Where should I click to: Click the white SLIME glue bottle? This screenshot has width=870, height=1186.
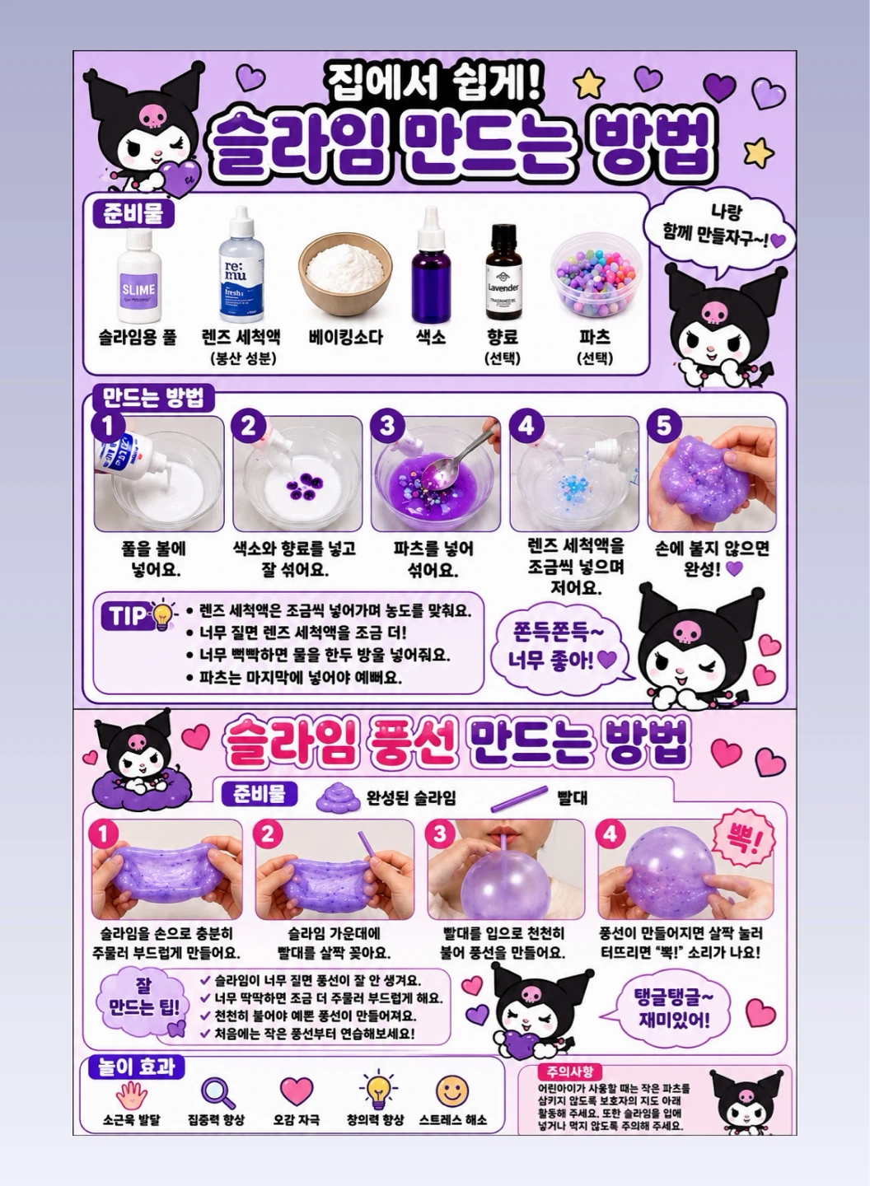point(138,277)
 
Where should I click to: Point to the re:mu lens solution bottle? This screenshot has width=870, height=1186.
point(241,264)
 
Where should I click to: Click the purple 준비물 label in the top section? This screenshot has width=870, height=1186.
point(133,213)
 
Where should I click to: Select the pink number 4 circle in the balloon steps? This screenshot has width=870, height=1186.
point(610,833)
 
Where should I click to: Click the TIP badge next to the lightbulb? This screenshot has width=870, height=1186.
point(128,616)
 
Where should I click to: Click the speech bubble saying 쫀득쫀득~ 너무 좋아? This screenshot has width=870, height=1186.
point(561,647)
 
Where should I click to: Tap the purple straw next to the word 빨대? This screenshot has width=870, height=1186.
point(519,799)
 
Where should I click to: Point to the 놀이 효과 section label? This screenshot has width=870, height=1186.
point(136,1067)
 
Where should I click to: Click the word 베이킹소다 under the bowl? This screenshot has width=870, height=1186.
point(345,338)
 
